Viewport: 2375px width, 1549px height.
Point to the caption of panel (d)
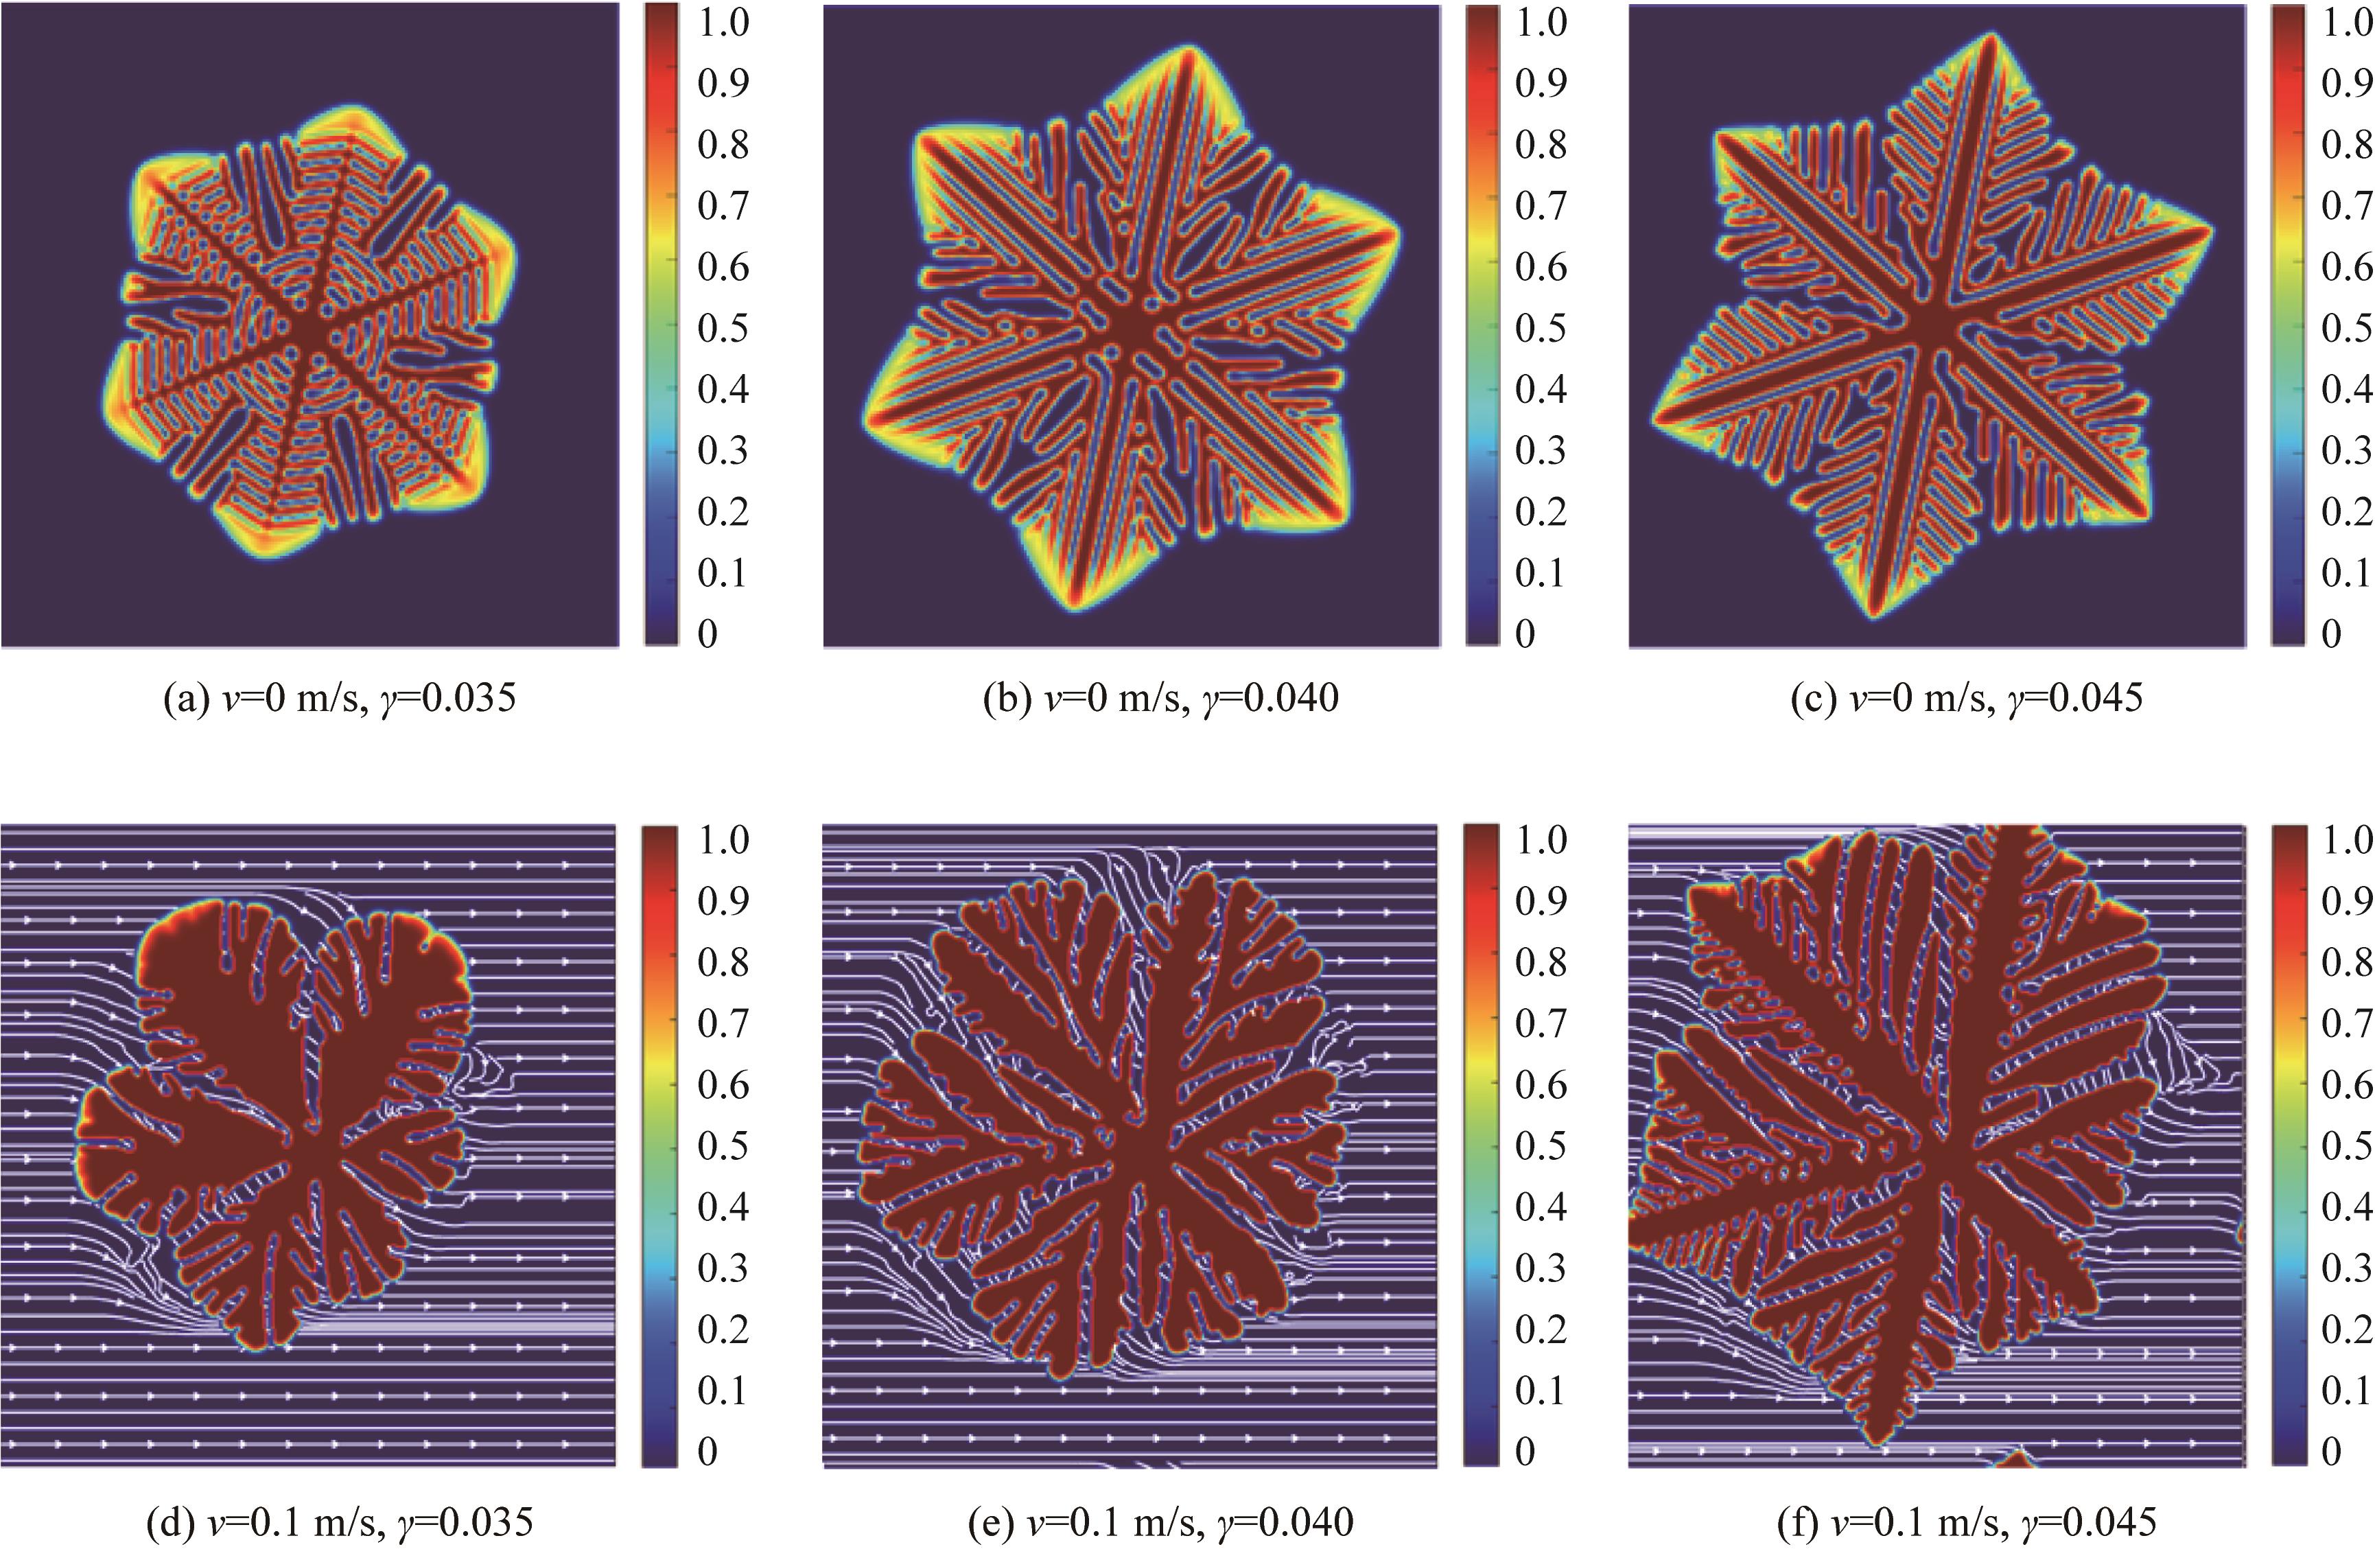[x=339, y=1523]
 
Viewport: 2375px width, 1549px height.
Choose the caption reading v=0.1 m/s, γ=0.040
[x=1160, y=1523]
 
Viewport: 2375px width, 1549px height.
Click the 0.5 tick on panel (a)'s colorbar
[x=723, y=328]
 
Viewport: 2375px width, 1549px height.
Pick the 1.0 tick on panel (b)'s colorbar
[x=1541, y=22]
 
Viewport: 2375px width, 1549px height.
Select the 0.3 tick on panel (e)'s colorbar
[x=1541, y=1268]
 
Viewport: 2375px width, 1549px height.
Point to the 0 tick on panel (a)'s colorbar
[x=707, y=633]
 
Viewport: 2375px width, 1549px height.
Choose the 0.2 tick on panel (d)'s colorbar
[x=723, y=1329]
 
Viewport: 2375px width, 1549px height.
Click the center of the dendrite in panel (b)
[x=1131, y=327]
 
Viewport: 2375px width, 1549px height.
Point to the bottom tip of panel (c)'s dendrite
[x=1874, y=612]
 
